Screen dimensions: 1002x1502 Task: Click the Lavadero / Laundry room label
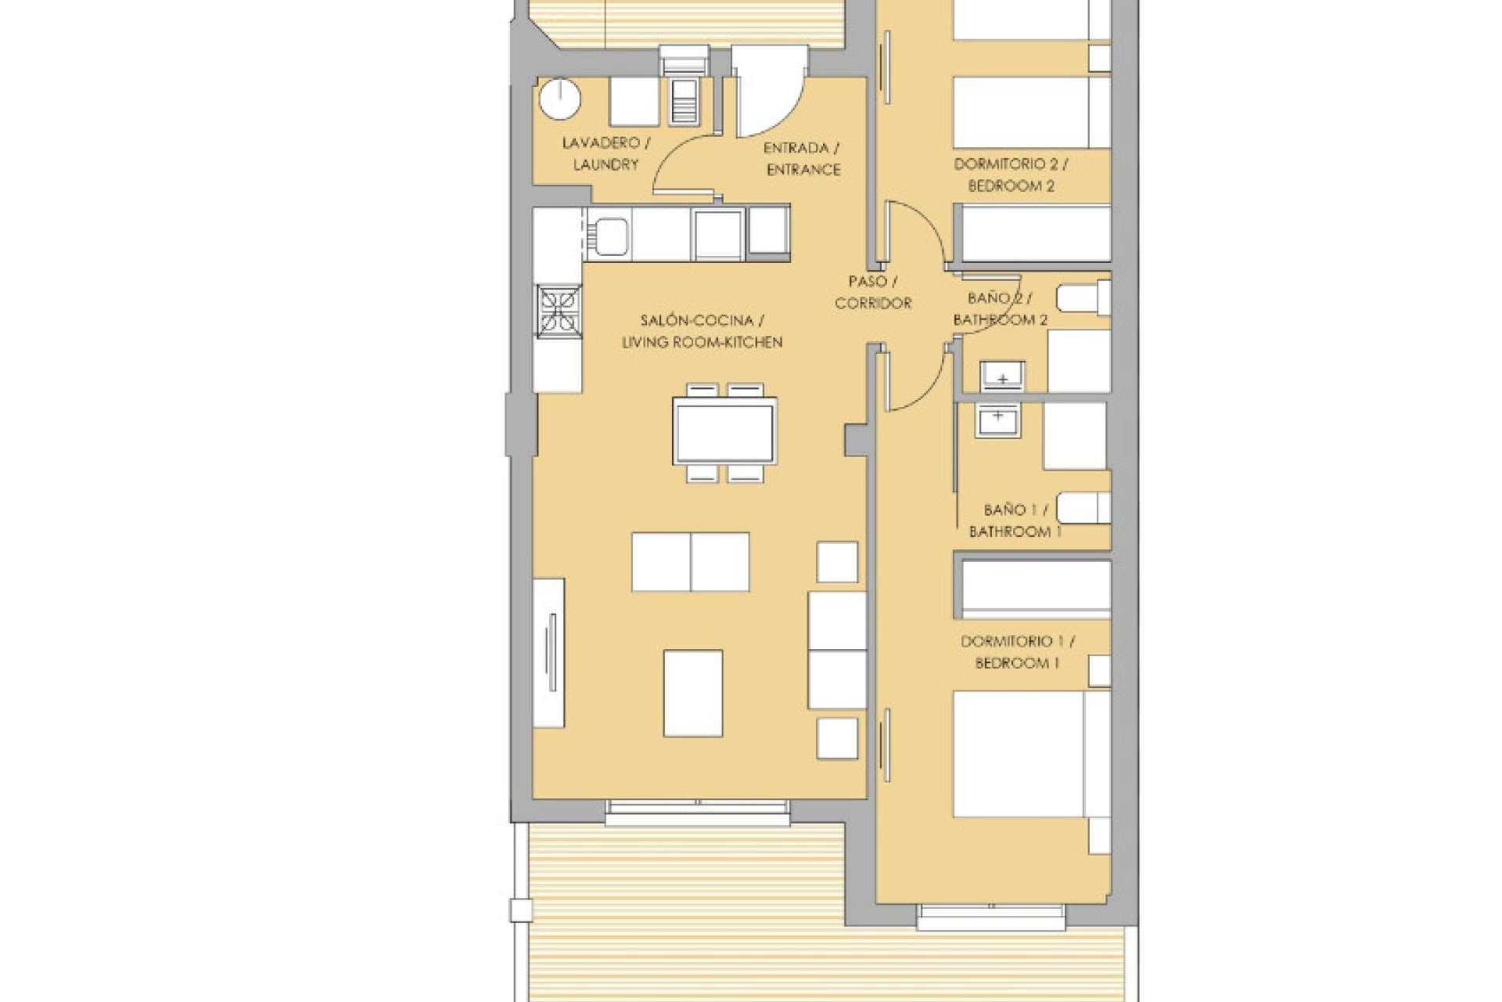[605, 154]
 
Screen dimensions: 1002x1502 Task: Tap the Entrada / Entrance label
[803, 159]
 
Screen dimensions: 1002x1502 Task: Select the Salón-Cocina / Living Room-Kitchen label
[702, 331]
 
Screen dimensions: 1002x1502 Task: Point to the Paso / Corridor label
[873, 292]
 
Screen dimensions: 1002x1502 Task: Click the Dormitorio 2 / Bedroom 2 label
[1011, 175]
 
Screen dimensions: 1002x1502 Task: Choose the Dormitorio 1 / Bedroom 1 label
[1017, 652]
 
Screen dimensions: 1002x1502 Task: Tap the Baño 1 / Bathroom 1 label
[1015, 521]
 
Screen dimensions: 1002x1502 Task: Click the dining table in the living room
[725, 431]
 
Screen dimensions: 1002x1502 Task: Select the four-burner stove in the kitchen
[559, 312]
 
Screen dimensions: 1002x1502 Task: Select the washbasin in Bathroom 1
[998, 421]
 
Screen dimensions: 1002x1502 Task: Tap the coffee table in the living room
[692, 694]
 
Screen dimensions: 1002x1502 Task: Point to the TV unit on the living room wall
[548, 653]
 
